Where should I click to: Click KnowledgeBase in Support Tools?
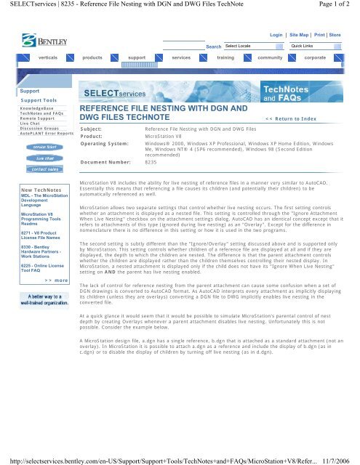click(x=26, y=108)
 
